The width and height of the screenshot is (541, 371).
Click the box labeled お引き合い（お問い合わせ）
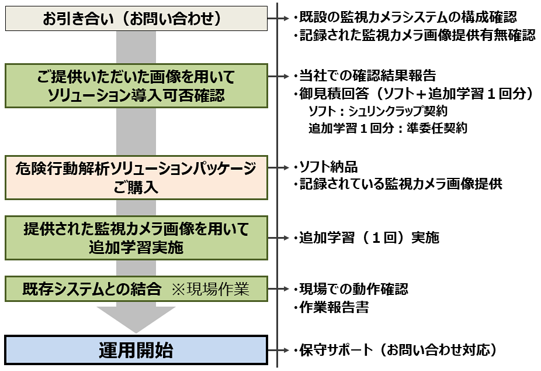point(136,19)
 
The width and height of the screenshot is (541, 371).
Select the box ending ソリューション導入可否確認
point(136,85)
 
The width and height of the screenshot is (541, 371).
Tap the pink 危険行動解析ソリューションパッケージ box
point(136,177)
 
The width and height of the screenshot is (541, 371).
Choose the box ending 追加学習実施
point(136,238)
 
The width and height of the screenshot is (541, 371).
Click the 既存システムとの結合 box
point(136,288)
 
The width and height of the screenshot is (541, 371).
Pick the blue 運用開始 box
point(136,351)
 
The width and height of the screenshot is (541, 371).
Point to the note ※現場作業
point(210,288)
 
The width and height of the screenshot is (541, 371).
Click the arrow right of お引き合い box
point(278,19)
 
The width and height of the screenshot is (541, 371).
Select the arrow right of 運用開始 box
point(278,351)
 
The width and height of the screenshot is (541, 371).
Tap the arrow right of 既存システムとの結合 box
point(278,288)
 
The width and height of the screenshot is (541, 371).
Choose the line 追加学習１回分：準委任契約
point(387,128)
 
